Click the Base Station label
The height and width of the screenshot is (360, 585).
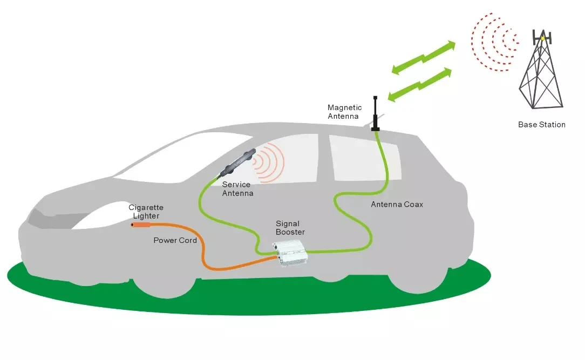541,125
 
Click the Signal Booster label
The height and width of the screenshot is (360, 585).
290,228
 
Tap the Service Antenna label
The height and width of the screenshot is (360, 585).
237,189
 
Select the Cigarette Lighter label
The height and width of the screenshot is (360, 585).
146,212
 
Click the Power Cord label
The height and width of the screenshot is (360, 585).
175,240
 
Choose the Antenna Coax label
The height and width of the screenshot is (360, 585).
397,205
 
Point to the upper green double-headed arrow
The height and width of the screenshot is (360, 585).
423,57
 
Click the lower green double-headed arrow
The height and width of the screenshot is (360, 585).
420,84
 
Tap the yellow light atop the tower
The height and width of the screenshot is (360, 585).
543,38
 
